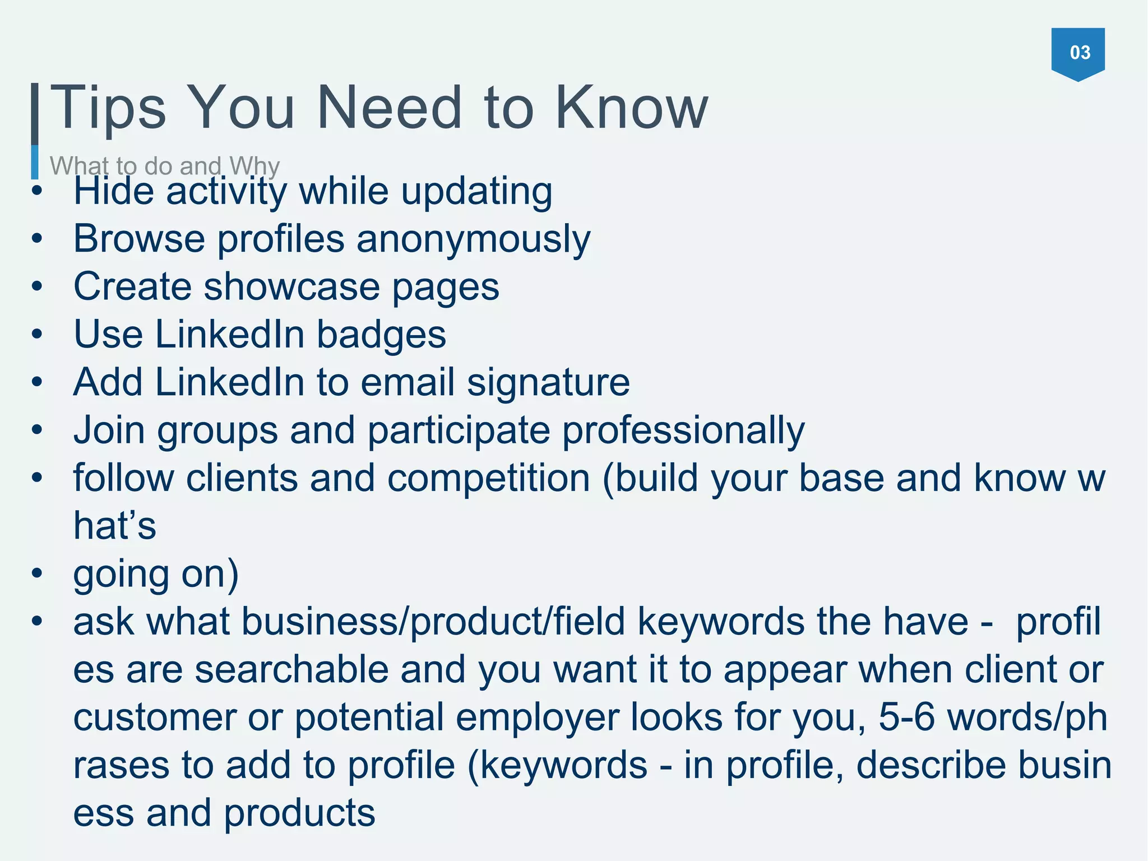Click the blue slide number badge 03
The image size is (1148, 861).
tap(1077, 53)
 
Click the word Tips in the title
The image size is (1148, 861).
tap(108, 108)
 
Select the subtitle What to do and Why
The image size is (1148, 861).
tap(164, 166)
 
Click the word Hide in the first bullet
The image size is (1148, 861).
tap(114, 191)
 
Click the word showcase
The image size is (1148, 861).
tap(291, 287)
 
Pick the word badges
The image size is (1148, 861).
tap(381, 335)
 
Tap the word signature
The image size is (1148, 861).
tap(548, 383)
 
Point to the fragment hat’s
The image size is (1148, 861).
tap(115, 526)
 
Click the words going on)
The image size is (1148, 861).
tap(156, 574)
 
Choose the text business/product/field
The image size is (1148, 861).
tap(433, 622)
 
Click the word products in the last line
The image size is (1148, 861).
tap(299, 813)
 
